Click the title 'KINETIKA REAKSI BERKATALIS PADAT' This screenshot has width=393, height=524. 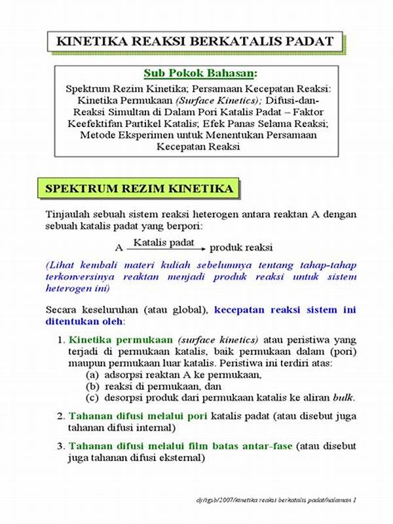196,42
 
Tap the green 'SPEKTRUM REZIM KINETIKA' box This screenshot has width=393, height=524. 139,189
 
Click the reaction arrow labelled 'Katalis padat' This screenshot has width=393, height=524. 168,248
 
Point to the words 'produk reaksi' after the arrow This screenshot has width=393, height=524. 241,249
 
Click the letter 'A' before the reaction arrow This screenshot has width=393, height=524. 119,249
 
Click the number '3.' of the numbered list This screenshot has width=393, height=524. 61,446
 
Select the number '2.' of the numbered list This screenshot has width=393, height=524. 61,416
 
